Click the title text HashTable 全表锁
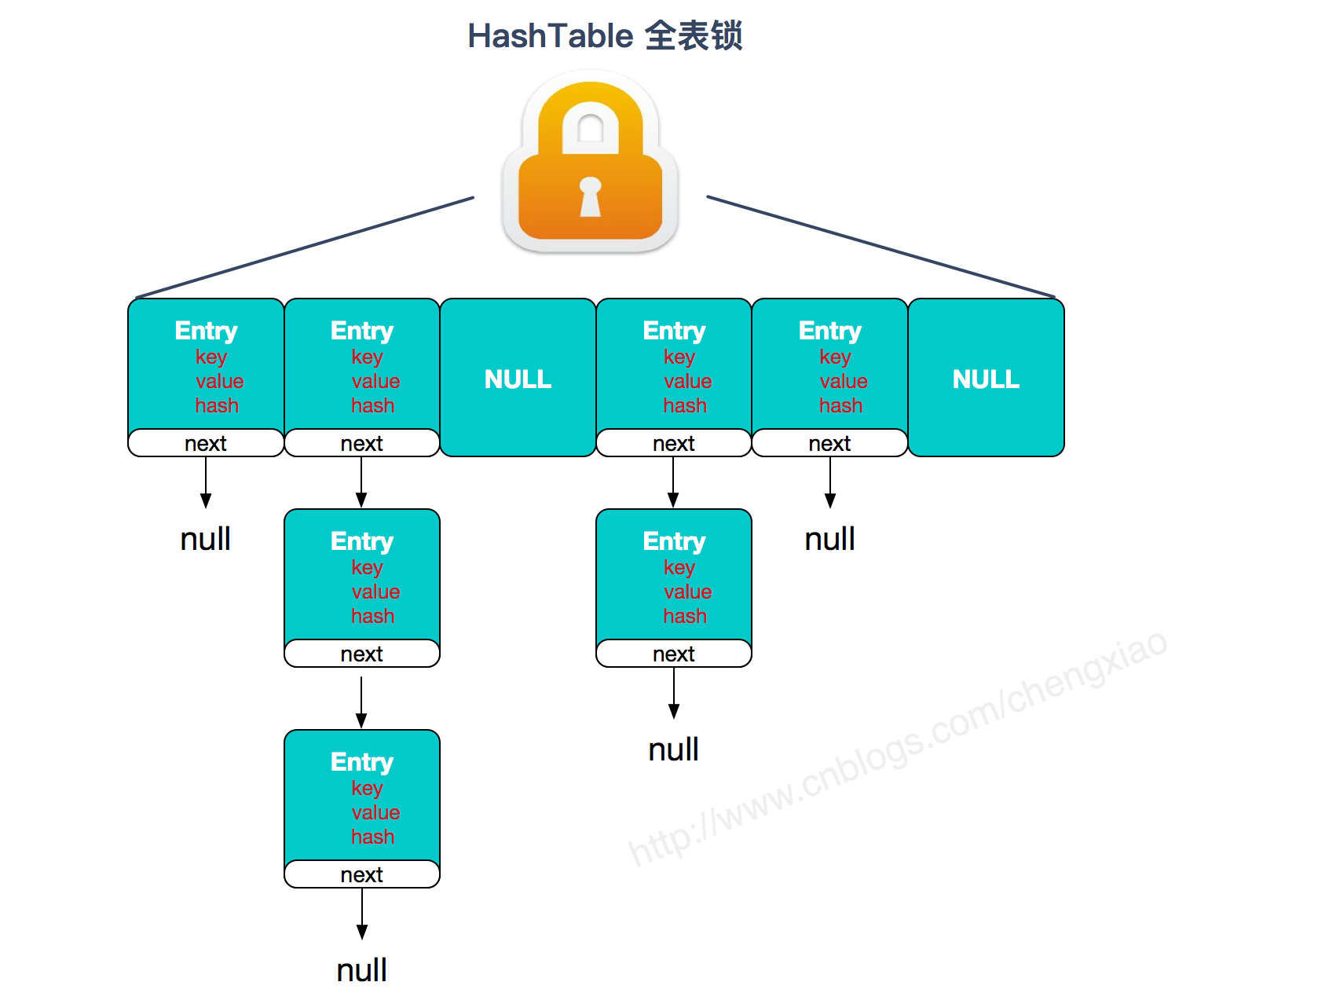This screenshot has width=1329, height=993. pos(605,36)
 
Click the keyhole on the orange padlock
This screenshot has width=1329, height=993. pos(590,196)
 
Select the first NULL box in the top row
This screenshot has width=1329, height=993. pos(518,379)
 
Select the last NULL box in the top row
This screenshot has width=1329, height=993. pos(986,379)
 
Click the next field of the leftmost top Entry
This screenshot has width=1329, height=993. pos(206,443)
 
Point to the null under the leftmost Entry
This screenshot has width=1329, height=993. pos(205,539)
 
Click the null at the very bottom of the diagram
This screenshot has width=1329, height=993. pos(361,970)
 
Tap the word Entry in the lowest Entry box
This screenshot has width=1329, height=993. pos(361,761)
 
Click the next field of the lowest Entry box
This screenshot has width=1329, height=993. pos(361,874)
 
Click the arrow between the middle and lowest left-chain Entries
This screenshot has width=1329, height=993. pos(361,702)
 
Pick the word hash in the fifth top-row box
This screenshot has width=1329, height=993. pos(840,405)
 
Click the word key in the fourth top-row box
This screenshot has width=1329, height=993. pos(679,357)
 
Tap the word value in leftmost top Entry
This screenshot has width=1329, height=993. pos(219,381)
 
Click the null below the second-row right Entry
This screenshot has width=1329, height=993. pos(673,749)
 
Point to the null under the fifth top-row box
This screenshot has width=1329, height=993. pos(829,539)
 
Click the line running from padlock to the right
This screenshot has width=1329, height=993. pos(880,247)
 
